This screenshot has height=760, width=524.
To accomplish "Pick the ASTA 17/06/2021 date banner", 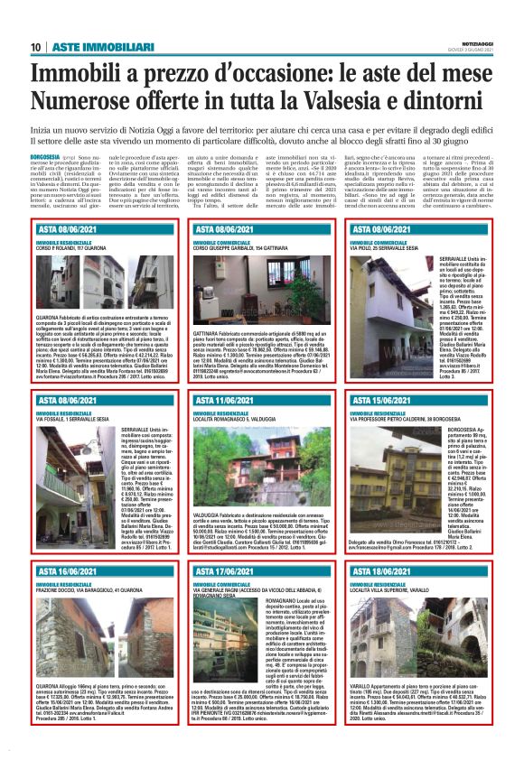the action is (x=229, y=571).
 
